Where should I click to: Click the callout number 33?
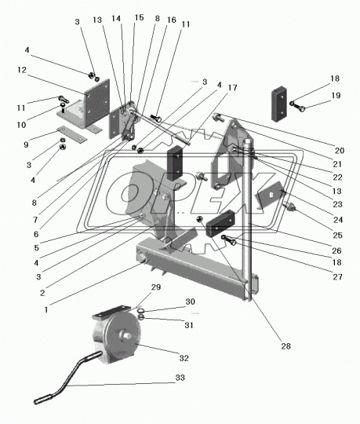pyautogui.click(x=180, y=378)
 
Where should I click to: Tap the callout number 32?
pyautogui.click(x=184, y=358)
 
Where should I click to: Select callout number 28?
pyautogui.click(x=285, y=345)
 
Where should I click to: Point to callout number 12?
pyautogui.click(x=22, y=70)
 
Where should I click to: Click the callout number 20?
pyautogui.click(x=340, y=150)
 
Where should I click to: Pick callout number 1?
pyautogui.click(x=46, y=309)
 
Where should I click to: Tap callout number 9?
pyautogui.click(x=26, y=144)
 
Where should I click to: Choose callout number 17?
pyautogui.click(x=232, y=88)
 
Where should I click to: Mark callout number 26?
pyautogui.click(x=336, y=250)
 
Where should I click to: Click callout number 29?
pyautogui.click(x=156, y=287)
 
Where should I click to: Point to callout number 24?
pyautogui.click(x=338, y=220)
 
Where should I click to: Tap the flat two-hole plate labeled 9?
pyautogui.click(x=71, y=134)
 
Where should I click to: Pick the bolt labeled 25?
pyautogui.click(x=289, y=207)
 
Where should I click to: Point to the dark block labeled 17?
pyautogui.click(x=174, y=163)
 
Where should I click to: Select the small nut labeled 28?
pyautogui.click(x=200, y=220)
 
